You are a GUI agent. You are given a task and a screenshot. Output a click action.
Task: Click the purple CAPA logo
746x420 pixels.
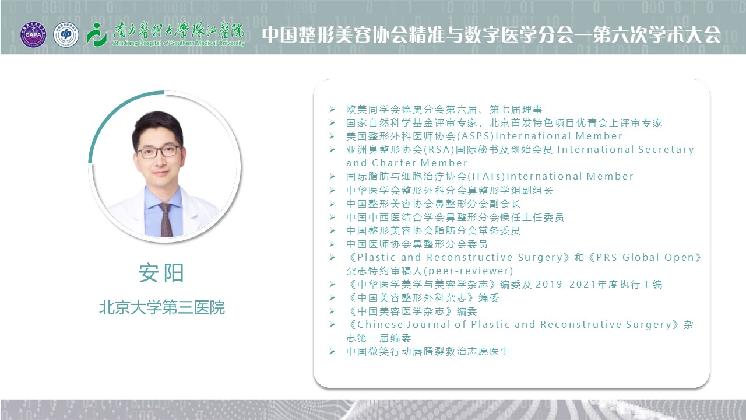pyautogui.click(x=33, y=34)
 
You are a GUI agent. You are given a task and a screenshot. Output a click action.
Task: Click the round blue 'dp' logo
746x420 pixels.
pyautogui.click(x=66, y=34)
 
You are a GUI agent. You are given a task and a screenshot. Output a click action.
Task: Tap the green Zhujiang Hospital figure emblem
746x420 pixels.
pyautogui.click(x=97, y=34)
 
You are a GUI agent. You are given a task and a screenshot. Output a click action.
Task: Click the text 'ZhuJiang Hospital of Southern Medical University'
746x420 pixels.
pyautogui.click(x=179, y=43)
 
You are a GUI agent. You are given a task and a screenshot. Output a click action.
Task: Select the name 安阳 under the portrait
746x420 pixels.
pyautogui.click(x=161, y=273)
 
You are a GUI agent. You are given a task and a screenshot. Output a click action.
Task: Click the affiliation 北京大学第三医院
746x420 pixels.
pyautogui.click(x=162, y=307)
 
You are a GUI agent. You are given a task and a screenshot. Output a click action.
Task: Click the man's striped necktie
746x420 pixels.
pyautogui.click(x=166, y=219)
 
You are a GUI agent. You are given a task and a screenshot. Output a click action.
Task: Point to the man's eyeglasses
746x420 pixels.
pyautogui.click(x=159, y=152)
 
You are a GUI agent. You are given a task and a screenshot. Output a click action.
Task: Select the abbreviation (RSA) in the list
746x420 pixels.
pyautogui.click(x=439, y=150)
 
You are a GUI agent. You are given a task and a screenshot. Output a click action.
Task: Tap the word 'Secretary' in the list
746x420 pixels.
pyautogui.click(x=666, y=150)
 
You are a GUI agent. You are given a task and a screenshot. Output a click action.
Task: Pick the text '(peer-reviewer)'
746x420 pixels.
pyautogui.click(x=468, y=271)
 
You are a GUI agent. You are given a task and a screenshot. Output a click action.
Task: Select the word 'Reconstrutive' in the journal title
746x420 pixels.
pyautogui.click(x=581, y=324)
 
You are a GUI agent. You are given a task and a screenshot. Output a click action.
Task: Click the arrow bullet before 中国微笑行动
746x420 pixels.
pyautogui.click(x=332, y=351)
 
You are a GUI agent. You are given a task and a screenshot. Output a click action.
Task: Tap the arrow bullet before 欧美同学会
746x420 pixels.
pyautogui.click(x=332, y=109)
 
